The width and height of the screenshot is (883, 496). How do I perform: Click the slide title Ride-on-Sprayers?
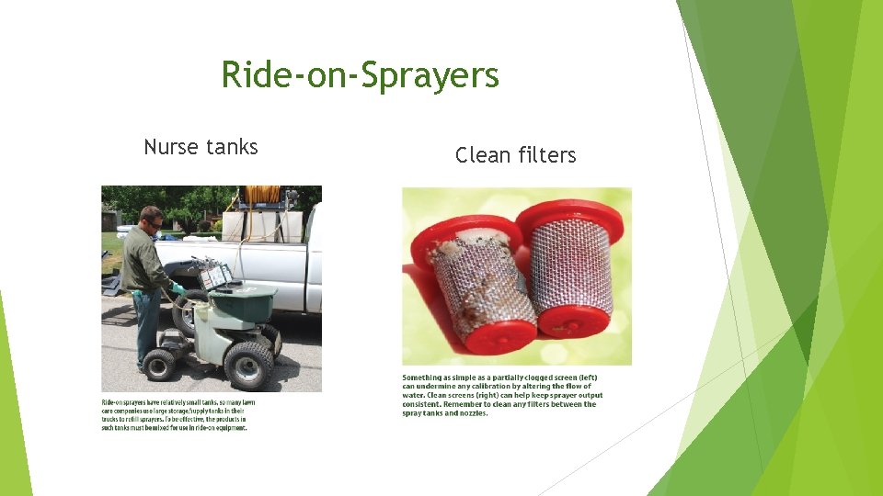(360, 75)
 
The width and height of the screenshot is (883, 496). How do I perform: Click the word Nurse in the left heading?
(171, 147)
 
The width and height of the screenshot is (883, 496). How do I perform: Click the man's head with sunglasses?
(151, 220)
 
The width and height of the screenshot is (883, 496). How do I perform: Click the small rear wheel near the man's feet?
(160, 364)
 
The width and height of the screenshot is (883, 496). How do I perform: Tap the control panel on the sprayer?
(215, 275)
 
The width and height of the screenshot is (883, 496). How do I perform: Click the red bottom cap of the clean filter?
(573, 321)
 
